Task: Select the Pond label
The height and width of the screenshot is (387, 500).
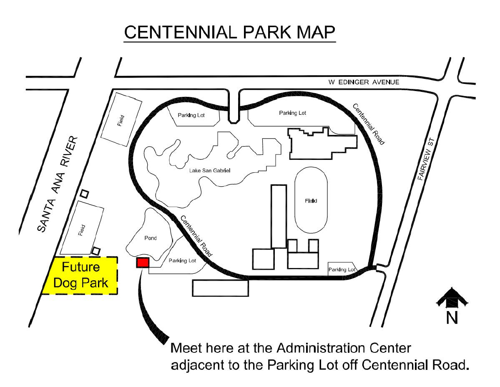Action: pos(151,238)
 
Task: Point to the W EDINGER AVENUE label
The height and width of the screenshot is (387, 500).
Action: pos(364,82)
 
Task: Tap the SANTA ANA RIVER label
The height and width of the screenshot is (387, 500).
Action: pos(58,184)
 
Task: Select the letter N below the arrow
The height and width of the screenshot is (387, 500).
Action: pos(452,318)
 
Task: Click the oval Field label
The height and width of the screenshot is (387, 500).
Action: pos(311,201)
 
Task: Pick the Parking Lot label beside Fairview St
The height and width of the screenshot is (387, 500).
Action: pos(342,270)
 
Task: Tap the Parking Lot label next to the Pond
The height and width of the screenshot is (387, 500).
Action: pos(182,261)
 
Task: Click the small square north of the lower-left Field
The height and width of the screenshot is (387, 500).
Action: pos(85,193)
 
